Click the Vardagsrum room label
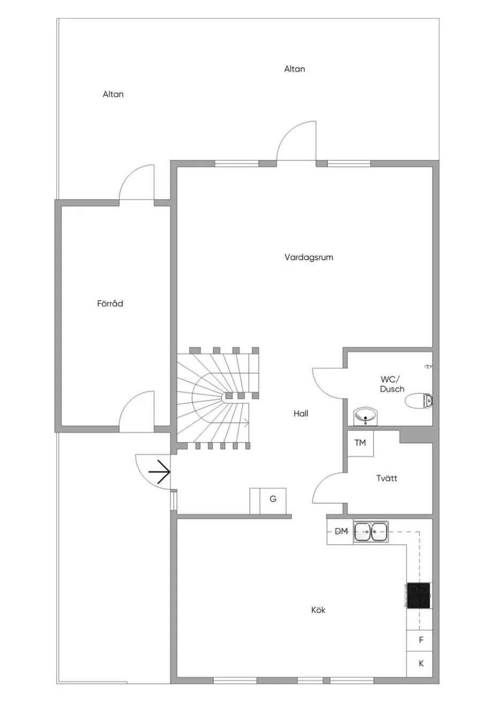click(308, 257)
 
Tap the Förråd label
click(110, 304)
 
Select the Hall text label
click(301, 414)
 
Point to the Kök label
click(318, 610)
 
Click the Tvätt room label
click(387, 478)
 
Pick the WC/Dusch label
click(392, 384)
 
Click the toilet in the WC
click(419, 401)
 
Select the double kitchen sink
click(371, 532)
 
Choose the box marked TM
click(360, 444)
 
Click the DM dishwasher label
click(341, 531)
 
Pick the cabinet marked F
click(419, 640)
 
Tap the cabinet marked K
click(419, 664)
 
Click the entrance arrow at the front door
click(160, 472)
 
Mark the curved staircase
click(217, 398)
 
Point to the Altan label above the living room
click(294, 69)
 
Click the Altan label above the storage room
click(113, 94)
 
